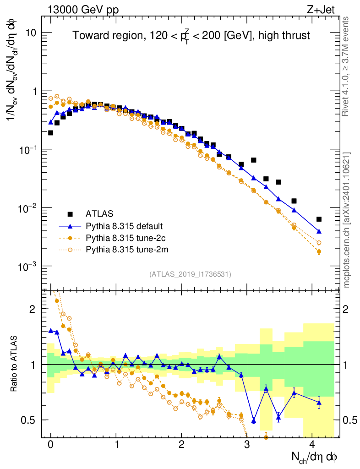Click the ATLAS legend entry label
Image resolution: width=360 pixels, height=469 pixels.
coord(99,213)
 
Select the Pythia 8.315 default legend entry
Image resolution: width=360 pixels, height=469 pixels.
coord(124,226)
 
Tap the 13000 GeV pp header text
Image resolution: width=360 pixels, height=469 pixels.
coord(82,9)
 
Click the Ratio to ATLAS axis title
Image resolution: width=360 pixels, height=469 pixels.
coord(14,364)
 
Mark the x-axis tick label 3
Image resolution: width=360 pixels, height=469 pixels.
coord(247,445)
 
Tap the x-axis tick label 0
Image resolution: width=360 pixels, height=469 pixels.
coord(50,445)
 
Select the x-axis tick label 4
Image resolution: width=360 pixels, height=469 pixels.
coord(312,445)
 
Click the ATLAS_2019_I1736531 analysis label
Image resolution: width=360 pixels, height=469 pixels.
coord(190,274)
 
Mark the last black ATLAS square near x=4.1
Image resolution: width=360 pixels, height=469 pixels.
coord(319,219)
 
